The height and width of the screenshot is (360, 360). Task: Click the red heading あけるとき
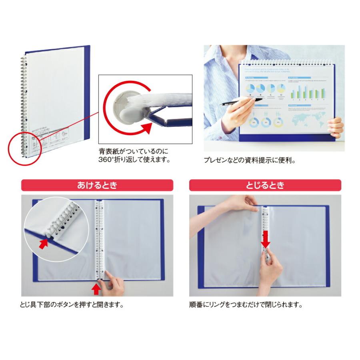click(x=97, y=185)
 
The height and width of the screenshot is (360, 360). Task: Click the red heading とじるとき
click(x=265, y=185)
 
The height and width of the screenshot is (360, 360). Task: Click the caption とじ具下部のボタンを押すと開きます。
click(x=71, y=305)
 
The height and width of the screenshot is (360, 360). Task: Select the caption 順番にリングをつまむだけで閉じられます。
click(x=245, y=305)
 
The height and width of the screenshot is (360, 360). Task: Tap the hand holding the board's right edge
click(x=335, y=127)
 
